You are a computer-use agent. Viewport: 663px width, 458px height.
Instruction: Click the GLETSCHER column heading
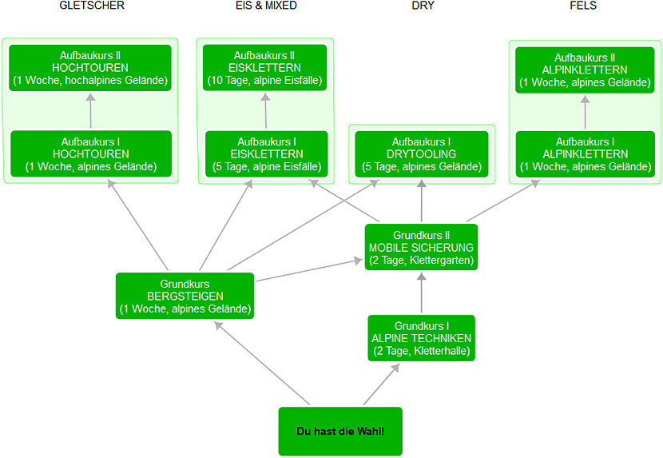(x=92, y=6)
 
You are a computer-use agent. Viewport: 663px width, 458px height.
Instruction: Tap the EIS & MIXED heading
(x=265, y=6)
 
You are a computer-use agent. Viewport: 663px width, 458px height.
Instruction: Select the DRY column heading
(x=423, y=6)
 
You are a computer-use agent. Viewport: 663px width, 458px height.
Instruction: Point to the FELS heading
(x=583, y=6)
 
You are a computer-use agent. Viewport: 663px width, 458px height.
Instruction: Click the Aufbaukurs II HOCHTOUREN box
(x=90, y=68)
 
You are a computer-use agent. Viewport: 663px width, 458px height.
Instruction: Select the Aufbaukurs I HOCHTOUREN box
(x=90, y=154)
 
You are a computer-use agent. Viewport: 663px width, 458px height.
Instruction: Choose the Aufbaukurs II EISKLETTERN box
(x=264, y=68)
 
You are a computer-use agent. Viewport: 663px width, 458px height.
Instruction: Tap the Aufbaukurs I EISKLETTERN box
(x=265, y=154)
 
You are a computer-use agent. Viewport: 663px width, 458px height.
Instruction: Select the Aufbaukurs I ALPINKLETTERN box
(x=584, y=154)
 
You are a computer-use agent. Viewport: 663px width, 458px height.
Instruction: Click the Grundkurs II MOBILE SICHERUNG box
(x=421, y=247)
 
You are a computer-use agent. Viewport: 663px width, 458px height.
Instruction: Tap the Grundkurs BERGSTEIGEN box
(x=185, y=296)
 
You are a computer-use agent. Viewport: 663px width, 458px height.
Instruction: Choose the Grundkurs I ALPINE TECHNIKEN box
(x=421, y=337)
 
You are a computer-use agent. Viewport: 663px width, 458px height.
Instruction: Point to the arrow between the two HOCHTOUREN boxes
(x=90, y=111)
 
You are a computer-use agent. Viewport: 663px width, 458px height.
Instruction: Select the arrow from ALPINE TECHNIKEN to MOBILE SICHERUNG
(x=421, y=293)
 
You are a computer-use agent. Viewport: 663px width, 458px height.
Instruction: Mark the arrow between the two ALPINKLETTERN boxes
(x=585, y=112)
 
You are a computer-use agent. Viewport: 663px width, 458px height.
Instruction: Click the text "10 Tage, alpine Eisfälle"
(x=264, y=80)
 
